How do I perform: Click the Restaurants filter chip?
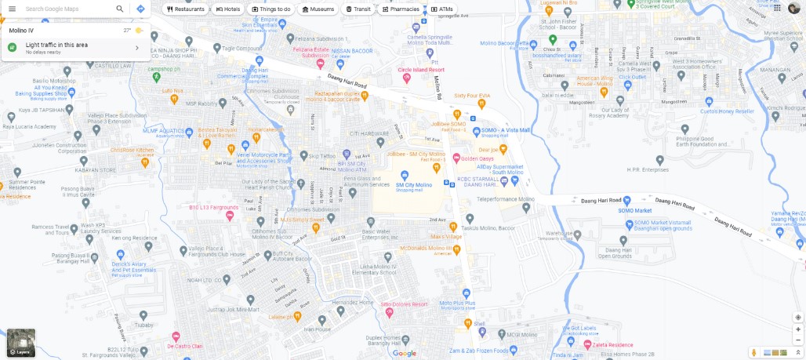[x=186, y=9]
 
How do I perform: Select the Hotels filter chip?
[x=228, y=9]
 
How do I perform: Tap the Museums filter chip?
[x=318, y=9]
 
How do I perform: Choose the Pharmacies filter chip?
[x=401, y=9]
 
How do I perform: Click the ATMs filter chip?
[x=442, y=9]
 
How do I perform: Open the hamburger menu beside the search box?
[x=12, y=9]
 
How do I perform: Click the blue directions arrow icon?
[x=140, y=9]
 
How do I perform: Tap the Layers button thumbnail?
[x=20, y=342]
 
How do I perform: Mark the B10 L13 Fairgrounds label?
[x=213, y=207]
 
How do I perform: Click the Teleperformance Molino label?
[x=505, y=200]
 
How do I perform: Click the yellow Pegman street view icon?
[x=753, y=352]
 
